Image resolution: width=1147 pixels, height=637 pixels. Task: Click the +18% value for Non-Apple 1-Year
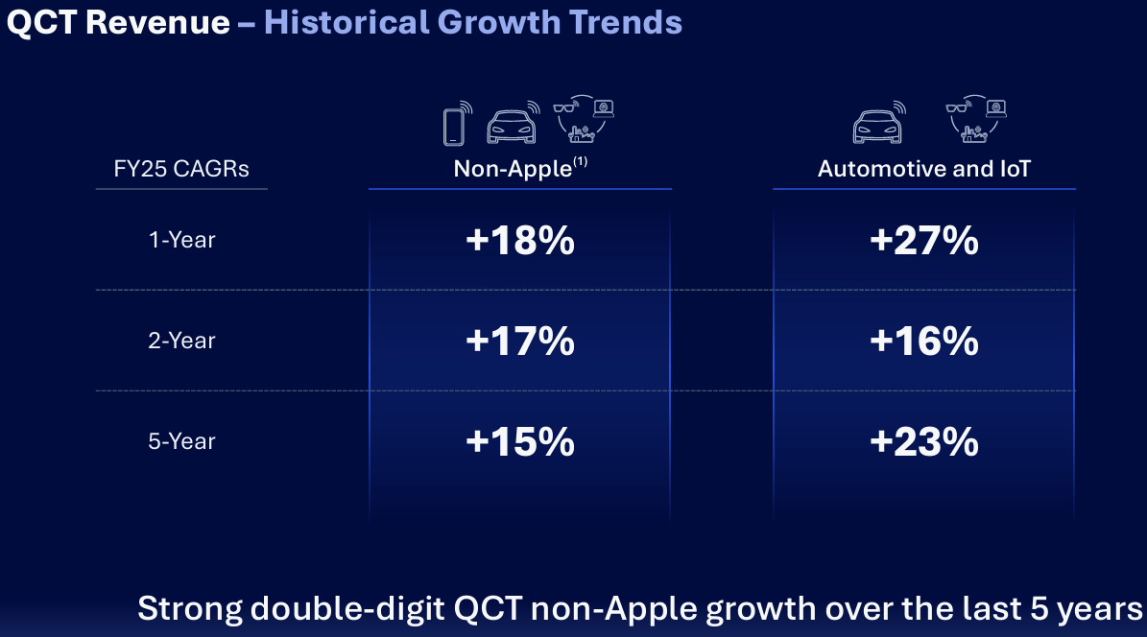(519, 241)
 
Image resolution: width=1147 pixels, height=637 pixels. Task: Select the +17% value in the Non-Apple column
(519, 341)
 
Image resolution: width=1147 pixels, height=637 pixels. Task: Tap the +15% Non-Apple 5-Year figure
(519, 441)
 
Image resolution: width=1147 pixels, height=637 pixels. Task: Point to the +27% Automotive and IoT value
(923, 241)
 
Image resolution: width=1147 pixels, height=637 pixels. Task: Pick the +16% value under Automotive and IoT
(923, 341)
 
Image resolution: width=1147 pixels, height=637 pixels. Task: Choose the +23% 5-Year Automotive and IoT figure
(923, 441)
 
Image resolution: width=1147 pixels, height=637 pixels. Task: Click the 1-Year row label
(181, 240)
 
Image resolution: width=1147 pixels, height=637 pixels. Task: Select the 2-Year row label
(181, 341)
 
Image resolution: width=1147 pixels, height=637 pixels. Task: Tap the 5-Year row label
(181, 441)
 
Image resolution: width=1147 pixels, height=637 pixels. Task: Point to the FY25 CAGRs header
(181, 170)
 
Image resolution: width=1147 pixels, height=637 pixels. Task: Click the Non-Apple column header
(513, 170)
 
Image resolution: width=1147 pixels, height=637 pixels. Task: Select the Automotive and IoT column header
(923, 170)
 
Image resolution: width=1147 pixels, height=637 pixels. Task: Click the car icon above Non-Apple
(513, 124)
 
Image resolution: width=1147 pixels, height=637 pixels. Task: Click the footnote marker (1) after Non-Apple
(580, 163)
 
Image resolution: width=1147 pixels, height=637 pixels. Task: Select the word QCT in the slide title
(41, 22)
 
